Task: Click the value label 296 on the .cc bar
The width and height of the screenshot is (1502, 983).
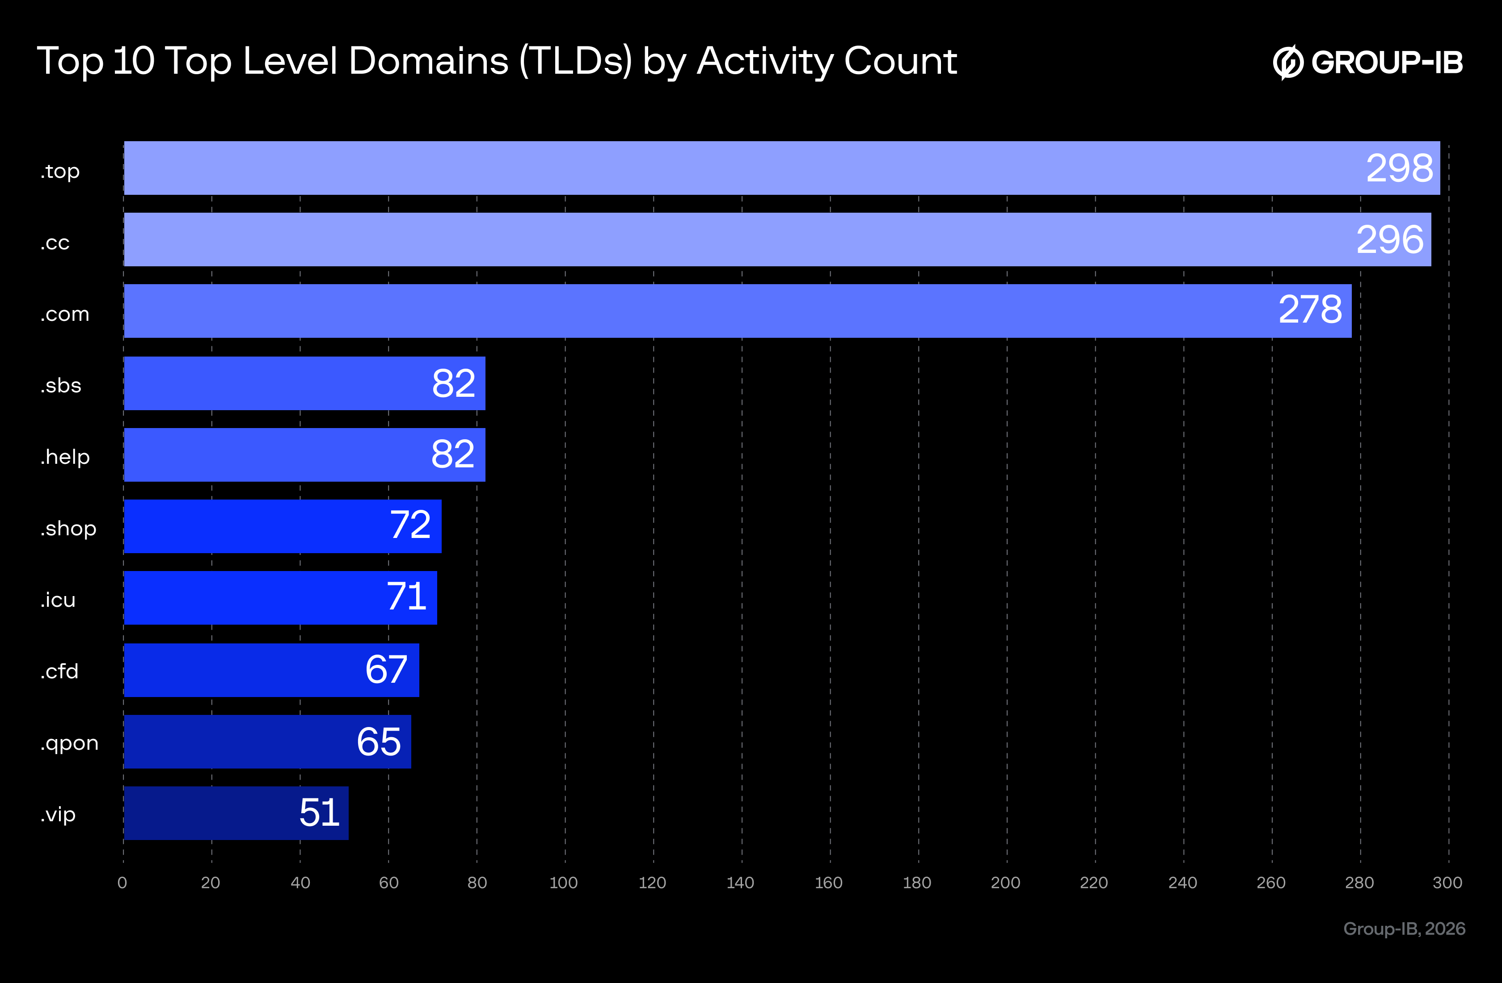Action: tap(1390, 240)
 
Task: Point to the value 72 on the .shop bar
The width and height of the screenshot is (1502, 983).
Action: tap(410, 525)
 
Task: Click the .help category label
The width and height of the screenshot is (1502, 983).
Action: tap(65, 457)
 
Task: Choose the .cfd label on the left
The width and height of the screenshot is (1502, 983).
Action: tap(60, 671)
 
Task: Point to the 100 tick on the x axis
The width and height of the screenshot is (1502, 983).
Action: tap(564, 882)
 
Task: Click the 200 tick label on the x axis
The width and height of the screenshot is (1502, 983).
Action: tap(1005, 882)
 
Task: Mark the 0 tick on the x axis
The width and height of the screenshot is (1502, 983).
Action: tap(122, 882)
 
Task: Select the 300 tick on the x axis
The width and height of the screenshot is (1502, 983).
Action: tap(1447, 882)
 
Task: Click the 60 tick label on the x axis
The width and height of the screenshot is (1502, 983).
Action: tap(388, 882)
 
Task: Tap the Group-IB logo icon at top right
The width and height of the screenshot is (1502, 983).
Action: tap(1287, 62)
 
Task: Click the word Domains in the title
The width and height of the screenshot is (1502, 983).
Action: tap(428, 61)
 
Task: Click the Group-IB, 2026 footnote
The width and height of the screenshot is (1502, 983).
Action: tap(1404, 929)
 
